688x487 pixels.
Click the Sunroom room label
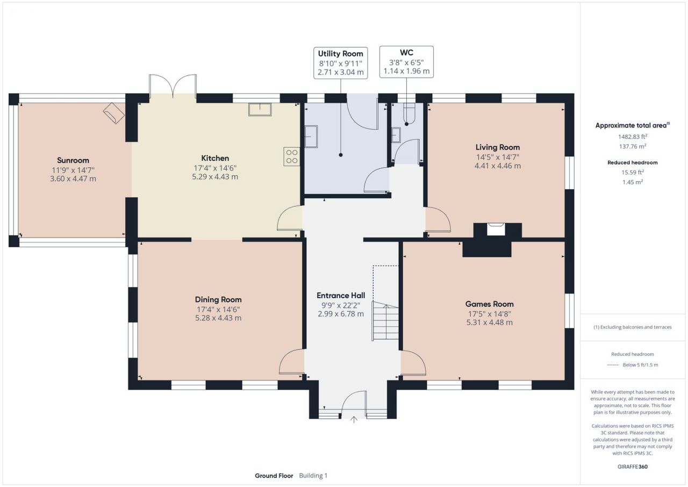tap(73, 160)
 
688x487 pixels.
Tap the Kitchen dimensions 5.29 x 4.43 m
tap(215, 177)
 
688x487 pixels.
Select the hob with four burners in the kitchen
tap(292, 156)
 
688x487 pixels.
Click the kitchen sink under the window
tap(260, 110)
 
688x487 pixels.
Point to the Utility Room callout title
tap(340, 54)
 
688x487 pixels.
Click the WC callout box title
tap(406, 53)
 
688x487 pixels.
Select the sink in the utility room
tap(311, 137)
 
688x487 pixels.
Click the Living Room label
tap(498, 147)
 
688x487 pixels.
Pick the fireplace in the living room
tap(496, 230)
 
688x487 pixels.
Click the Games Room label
tap(489, 304)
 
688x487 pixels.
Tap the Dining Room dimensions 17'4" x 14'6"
tap(218, 310)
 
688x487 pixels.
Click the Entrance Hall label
tap(341, 296)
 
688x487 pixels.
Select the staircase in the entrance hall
tap(385, 320)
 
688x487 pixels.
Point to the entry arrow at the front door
tap(354, 419)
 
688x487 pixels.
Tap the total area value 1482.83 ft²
tap(633, 137)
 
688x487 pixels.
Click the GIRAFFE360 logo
tap(633, 467)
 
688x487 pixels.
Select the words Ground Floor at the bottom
tap(274, 476)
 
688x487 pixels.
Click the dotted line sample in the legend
tap(613, 365)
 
